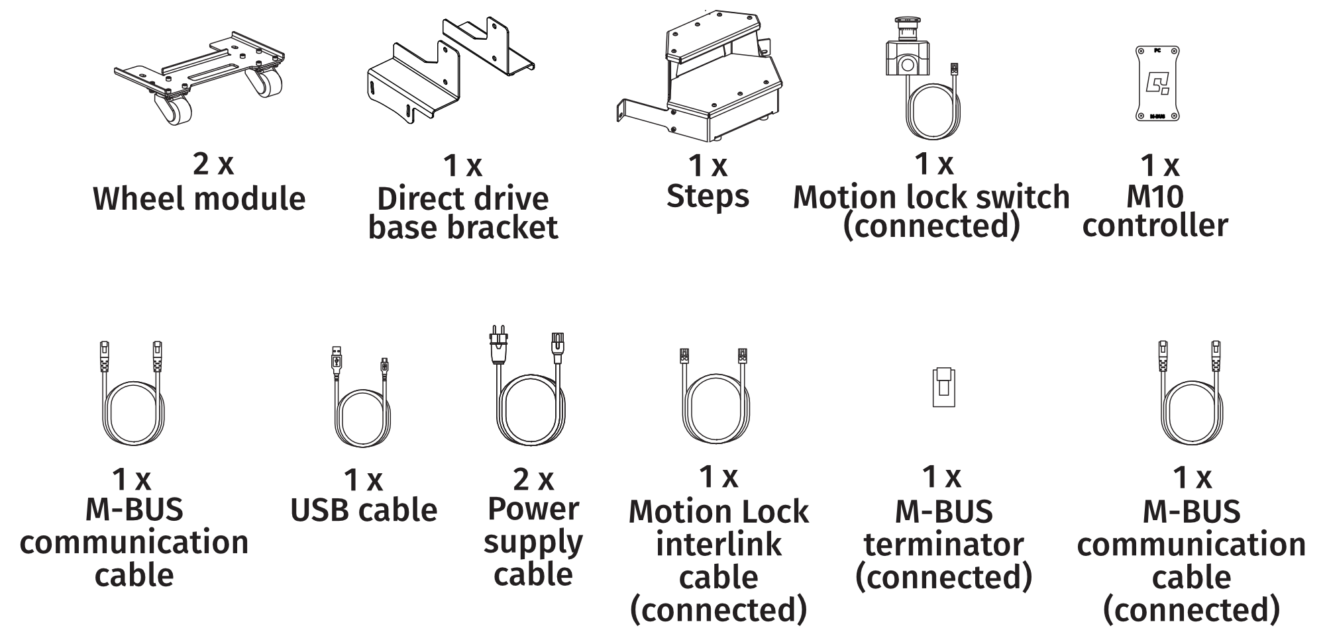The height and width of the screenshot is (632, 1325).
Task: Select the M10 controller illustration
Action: (1157, 84)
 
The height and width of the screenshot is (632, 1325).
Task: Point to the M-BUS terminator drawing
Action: (943, 387)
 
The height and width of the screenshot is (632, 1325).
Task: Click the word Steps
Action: (708, 197)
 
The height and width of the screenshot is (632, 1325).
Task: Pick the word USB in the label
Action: (321, 510)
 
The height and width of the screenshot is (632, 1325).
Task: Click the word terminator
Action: (943, 545)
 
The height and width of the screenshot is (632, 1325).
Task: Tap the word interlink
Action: (718, 545)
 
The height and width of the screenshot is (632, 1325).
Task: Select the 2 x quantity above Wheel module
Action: (213, 163)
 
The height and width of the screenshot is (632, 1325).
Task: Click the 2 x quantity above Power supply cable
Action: (533, 479)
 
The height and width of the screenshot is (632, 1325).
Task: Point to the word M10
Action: (1155, 197)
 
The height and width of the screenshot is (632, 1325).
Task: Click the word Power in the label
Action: (533, 510)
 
